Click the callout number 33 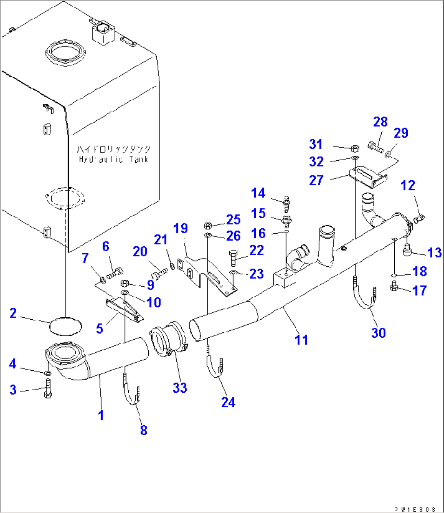(180, 387)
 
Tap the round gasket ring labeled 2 (65, 325)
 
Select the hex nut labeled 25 (207, 226)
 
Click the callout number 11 (301, 339)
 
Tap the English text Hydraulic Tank (114, 159)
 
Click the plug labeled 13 (407, 250)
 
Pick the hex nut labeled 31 (355, 148)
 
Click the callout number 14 (258, 193)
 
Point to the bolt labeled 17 (394, 287)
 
